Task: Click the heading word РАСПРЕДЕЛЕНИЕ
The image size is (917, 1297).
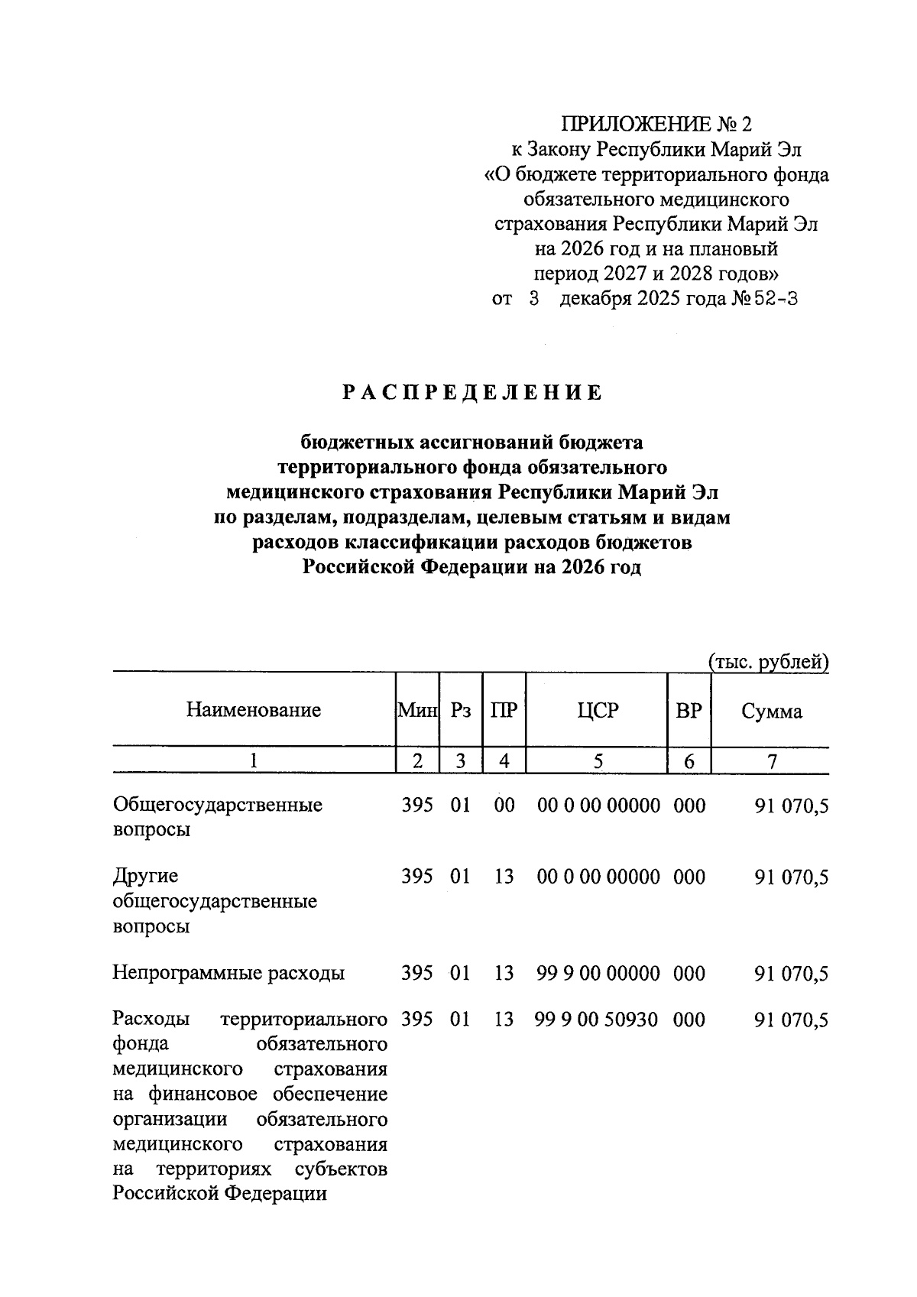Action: [x=471, y=393]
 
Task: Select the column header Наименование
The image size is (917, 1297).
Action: [x=253, y=710]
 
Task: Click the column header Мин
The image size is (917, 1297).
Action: [x=416, y=710]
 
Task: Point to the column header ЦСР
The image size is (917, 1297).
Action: [x=598, y=710]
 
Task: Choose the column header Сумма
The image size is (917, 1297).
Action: [x=771, y=712]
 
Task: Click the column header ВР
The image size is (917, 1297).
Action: [x=689, y=710]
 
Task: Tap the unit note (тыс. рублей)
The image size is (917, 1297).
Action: [x=769, y=662]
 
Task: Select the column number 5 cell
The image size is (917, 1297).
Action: [x=598, y=760]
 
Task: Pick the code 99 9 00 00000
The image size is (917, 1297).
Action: [x=598, y=973]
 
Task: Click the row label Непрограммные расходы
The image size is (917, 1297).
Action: [x=228, y=974]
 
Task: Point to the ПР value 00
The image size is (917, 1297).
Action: [x=504, y=805]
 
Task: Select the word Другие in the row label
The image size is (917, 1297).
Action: [x=144, y=877]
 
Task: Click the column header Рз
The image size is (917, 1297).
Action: [x=461, y=710]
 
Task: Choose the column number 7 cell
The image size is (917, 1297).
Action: [x=771, y=760]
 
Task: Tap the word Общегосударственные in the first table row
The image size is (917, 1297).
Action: [x=217, y=805]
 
